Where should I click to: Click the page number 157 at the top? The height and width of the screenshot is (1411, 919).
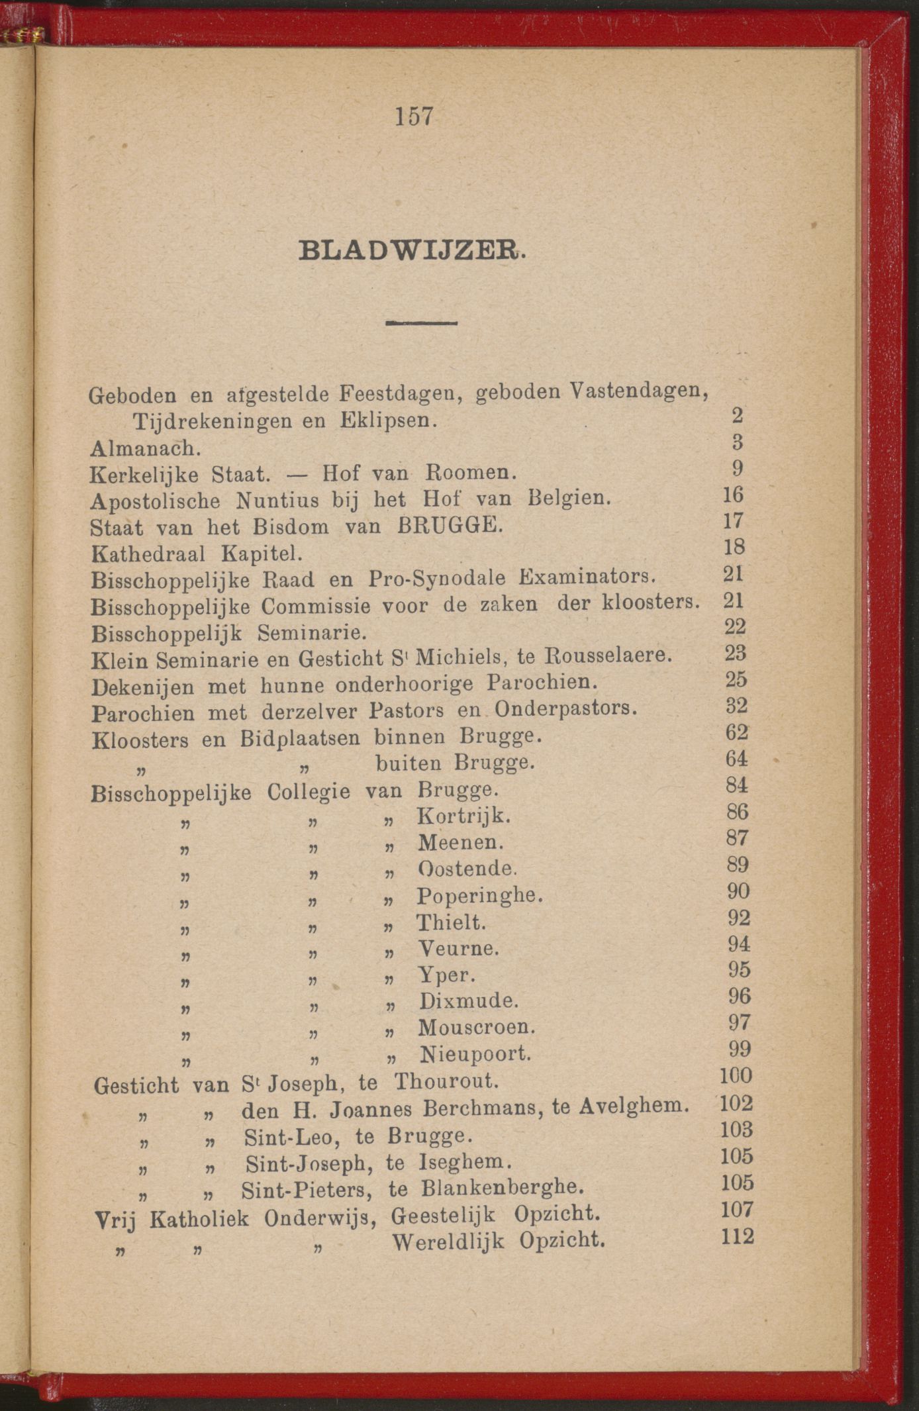pos(414,117)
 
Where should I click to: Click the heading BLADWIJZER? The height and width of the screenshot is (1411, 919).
pos(412,252)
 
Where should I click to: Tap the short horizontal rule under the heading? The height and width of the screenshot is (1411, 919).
pos(421,323)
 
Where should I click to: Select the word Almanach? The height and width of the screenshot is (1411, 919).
pos(145,448)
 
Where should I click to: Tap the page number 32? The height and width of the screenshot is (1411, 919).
pos(736,706)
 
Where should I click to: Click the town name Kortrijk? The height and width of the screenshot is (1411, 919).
pos(463,816)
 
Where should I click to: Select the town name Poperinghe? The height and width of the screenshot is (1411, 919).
pos(479,896)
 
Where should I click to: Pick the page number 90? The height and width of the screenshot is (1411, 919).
pos(738,891)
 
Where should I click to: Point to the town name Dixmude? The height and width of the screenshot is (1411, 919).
pos(468,1000)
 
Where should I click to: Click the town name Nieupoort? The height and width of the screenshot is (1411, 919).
pos(475,1053)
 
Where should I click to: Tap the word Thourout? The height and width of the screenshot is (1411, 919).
pos(446,1082)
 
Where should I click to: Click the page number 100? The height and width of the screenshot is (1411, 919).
pos(736,1076)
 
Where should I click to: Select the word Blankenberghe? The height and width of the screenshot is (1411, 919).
pos(503,1189)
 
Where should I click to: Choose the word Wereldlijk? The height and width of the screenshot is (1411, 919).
pos(448,1241)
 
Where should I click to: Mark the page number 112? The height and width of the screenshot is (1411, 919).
pos(738,1236)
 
